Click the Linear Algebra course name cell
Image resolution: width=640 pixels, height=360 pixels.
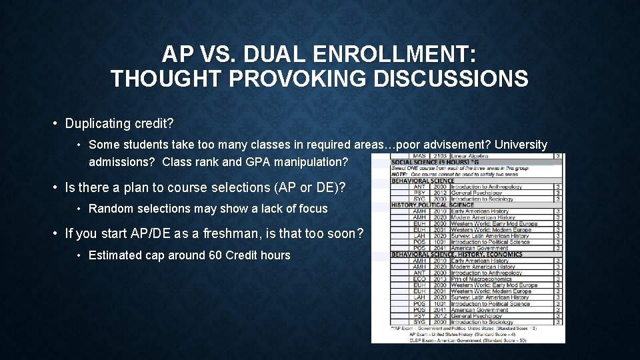[469, 156]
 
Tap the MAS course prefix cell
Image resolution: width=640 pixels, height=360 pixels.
[419, 156]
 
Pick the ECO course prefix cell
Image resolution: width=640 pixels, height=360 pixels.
[419, 279]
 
